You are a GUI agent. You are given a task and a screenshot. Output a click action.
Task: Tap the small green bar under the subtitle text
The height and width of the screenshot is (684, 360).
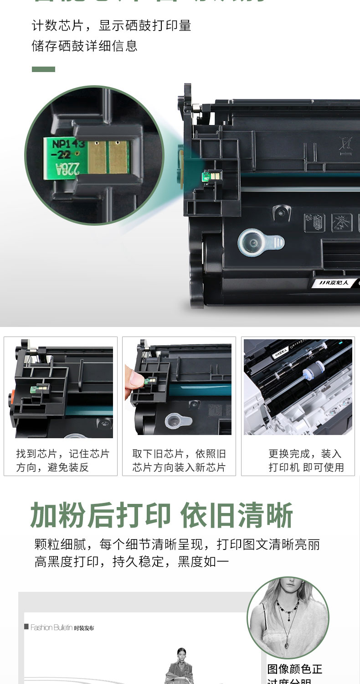click(43, 69)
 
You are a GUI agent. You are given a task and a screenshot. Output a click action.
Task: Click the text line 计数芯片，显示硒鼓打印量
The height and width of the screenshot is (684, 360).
click(111, 26)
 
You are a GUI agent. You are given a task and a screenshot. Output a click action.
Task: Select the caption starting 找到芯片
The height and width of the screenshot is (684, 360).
click(62, 461)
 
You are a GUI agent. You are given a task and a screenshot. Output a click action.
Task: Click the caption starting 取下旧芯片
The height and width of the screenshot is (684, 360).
click(179, 461)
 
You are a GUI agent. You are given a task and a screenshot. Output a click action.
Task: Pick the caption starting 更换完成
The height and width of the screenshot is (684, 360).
click(305, 461)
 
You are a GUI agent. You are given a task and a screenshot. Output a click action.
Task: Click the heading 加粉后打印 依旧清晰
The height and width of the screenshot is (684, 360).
click(162, 516)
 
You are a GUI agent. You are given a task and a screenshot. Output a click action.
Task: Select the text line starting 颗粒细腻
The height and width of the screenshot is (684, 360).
click(177, 544)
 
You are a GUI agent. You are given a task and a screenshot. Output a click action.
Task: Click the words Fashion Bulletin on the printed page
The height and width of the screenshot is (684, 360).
click(51, 627)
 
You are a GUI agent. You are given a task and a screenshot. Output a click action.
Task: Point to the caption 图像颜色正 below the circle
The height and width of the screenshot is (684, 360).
click(294, 669)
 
